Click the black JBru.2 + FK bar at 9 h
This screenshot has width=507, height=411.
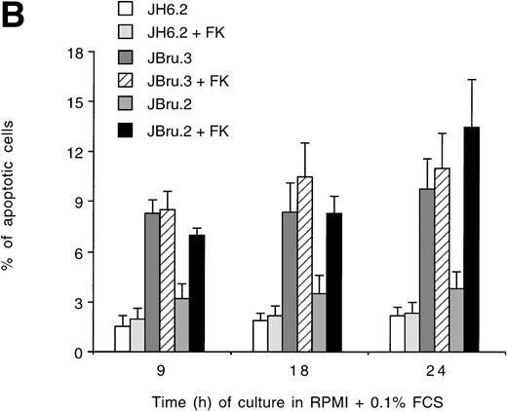click(x=198, y=293)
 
